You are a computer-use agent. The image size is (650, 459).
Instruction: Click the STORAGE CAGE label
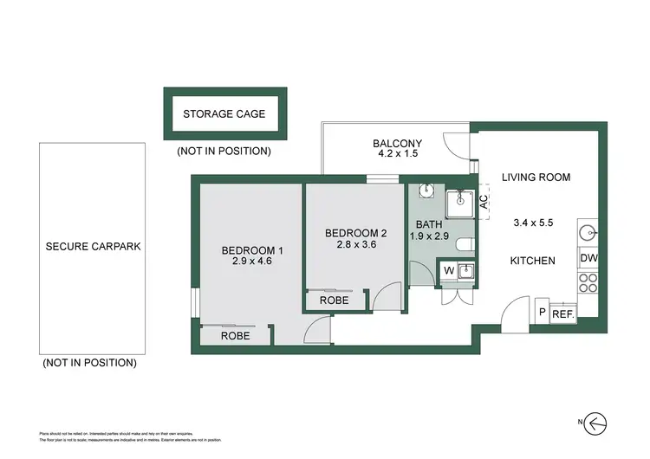[224, 113]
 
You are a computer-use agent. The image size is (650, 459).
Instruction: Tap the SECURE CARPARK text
[93, 246]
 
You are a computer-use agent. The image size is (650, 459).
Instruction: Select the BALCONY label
[397, 144]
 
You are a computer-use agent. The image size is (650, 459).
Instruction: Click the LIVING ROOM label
[536, 177]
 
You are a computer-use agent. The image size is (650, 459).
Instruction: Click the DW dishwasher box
[588, 258]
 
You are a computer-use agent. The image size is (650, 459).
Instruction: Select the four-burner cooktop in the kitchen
[588, 282]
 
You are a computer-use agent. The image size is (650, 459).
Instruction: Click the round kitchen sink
[588, 231]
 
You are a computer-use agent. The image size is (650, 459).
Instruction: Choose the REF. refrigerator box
[563, 314]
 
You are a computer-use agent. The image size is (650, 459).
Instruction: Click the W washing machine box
[448, 271]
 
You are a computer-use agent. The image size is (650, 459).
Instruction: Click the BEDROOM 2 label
[355, 232]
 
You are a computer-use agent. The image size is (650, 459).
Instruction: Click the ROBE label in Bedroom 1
[235, 335]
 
